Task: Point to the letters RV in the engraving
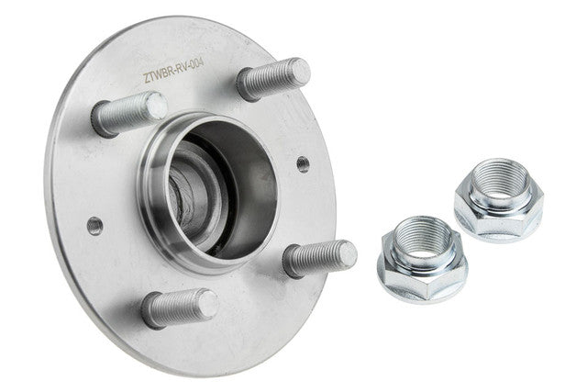[182, 70]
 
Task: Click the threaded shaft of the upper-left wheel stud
[124, 112]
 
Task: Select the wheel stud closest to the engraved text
[274, 79]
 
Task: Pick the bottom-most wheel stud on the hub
[180, 308]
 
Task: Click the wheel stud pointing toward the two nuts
[320, 258]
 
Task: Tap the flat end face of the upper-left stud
[156, 106]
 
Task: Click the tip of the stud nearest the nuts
[347, 254]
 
